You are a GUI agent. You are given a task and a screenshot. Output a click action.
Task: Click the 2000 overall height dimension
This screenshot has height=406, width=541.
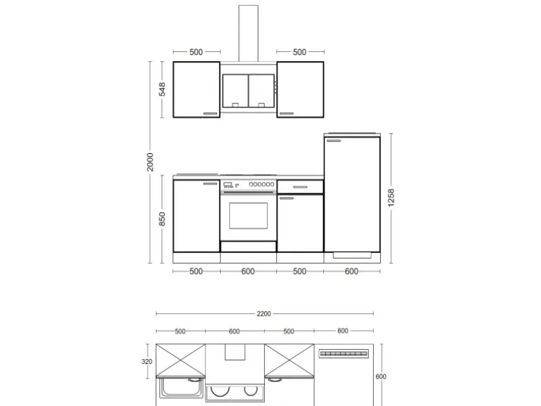150,162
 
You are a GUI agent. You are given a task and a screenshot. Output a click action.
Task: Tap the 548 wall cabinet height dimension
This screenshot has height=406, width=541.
162,89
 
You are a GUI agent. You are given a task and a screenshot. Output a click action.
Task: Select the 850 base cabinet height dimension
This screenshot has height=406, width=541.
162,219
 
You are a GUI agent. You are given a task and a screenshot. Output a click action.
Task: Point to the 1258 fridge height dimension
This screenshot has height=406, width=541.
391,197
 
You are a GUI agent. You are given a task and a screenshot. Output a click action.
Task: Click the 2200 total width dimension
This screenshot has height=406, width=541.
263,313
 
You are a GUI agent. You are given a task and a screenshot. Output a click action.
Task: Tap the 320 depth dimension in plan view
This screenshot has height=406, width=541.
147,362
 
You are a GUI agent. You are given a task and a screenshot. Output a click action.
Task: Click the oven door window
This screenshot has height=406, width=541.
249,216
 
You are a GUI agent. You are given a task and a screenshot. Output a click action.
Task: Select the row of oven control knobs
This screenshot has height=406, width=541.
261,185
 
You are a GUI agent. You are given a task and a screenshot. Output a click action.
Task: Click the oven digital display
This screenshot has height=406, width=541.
228,185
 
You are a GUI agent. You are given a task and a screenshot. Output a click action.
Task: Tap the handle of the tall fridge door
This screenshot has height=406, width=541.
334,140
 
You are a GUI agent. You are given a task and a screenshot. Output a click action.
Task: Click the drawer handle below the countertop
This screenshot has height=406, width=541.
300,187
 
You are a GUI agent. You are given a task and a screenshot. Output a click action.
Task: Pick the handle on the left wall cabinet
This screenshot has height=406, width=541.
210,113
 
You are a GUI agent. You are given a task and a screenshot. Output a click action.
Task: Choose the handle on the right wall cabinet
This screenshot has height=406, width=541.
287,113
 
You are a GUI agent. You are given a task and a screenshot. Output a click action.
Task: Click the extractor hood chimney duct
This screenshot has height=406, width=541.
249,34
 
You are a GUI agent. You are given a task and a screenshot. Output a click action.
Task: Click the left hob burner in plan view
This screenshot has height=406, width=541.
220,391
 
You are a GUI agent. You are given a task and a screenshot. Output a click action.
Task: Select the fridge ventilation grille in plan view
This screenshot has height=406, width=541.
344,353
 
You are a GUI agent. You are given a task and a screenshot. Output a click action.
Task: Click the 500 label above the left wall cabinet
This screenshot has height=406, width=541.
196,52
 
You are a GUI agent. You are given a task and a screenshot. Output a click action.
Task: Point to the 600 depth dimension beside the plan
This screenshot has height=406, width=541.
381,376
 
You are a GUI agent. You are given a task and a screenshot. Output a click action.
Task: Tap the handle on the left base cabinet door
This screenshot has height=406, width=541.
210,183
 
